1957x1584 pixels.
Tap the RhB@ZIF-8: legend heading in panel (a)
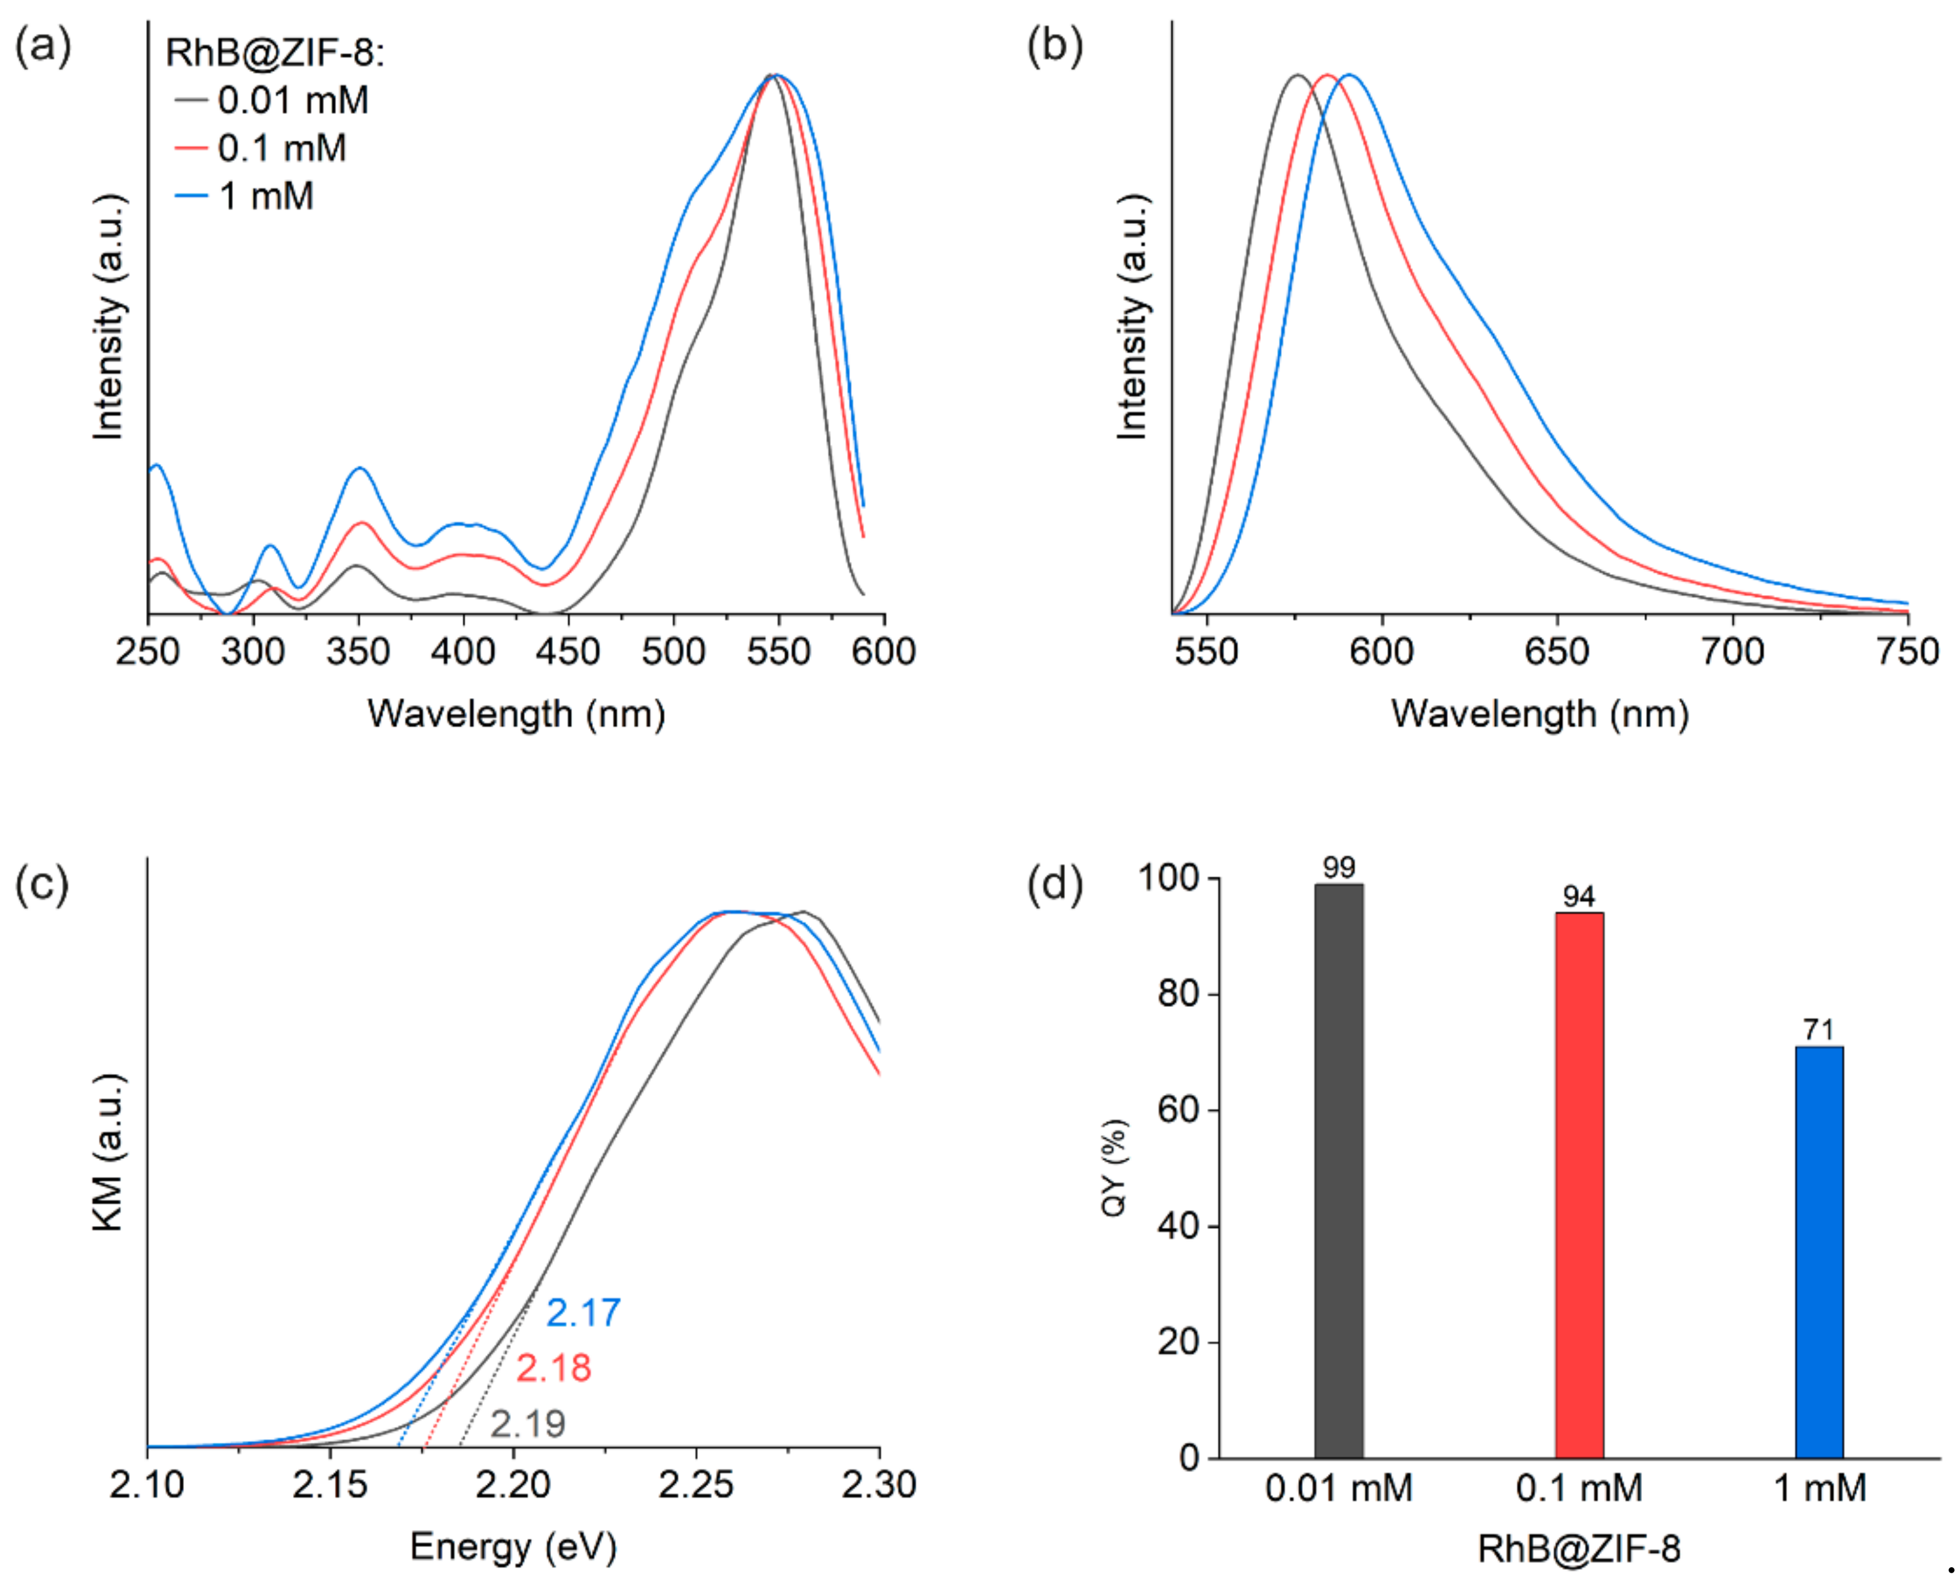274,53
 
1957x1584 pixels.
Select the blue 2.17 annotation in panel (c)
583,1313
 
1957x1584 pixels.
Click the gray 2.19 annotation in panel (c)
528,1424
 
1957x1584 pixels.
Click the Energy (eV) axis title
513,1547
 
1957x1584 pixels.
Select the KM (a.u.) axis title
108,1152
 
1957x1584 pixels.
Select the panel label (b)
1055,45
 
